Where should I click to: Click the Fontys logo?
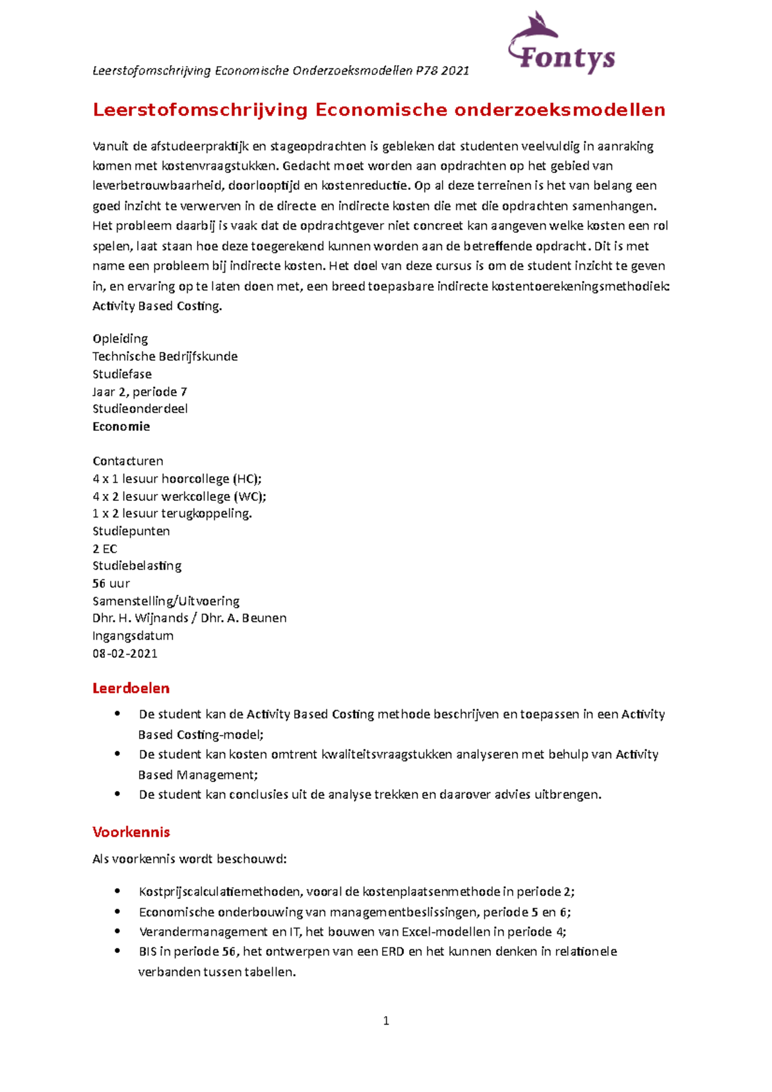coord(562,45)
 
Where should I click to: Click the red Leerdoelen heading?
coord(131,688)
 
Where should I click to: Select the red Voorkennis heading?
coord(131,832)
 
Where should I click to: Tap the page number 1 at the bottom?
coord(386,1021)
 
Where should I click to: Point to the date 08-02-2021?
coord(125,653)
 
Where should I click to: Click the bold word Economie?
coord(121,426)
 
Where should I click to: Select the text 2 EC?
coord(105,549)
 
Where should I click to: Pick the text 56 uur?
coord(111,583)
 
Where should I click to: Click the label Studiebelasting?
coord(137,566)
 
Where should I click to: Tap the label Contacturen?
coord(128,461)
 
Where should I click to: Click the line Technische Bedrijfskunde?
coord(165,356)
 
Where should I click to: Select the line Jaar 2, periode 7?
coord(140,392)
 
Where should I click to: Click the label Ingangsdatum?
coord(133,636)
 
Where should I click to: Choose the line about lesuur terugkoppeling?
coord(172,513)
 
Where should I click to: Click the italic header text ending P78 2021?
coord(280,71)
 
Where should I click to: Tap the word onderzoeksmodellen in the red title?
coord(560,110)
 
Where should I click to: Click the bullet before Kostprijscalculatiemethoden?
coord(117,891)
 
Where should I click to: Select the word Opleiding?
coord(120,339)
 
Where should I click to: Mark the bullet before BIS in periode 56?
coord(117,951)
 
